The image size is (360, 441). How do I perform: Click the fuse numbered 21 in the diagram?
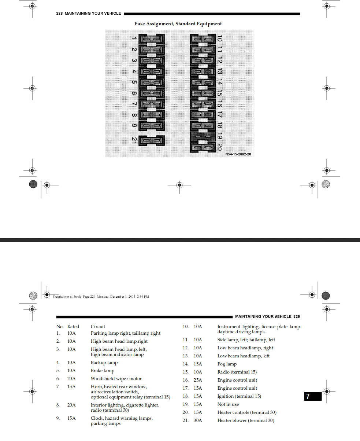(152, 140)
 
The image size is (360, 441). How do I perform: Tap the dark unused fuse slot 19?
(203, 137)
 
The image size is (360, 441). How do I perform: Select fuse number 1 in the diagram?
(152, 39)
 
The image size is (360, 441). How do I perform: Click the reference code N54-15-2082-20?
(238, 154)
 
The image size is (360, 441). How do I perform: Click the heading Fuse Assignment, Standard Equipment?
(178, 24)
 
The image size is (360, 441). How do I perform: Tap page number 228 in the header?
(59, 13)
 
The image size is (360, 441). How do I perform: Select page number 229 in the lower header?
(297, 316)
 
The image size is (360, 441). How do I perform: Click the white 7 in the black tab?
(308, 396)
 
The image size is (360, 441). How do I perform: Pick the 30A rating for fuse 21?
(198, 420)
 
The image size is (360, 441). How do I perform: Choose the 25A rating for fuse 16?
(198, 380)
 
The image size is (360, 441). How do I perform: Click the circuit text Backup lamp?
(104, 363)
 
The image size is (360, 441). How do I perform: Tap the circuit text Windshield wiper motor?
(116, 379)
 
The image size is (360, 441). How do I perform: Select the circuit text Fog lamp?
(227, 364)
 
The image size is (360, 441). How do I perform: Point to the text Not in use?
(228, 404)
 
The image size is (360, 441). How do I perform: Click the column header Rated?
(73, 327)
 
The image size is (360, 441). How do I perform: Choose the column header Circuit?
(98, 327)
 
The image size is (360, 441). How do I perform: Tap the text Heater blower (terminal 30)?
(246, 420)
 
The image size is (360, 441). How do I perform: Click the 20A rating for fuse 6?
(71, 379)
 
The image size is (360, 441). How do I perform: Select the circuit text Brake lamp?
(103, 371)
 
